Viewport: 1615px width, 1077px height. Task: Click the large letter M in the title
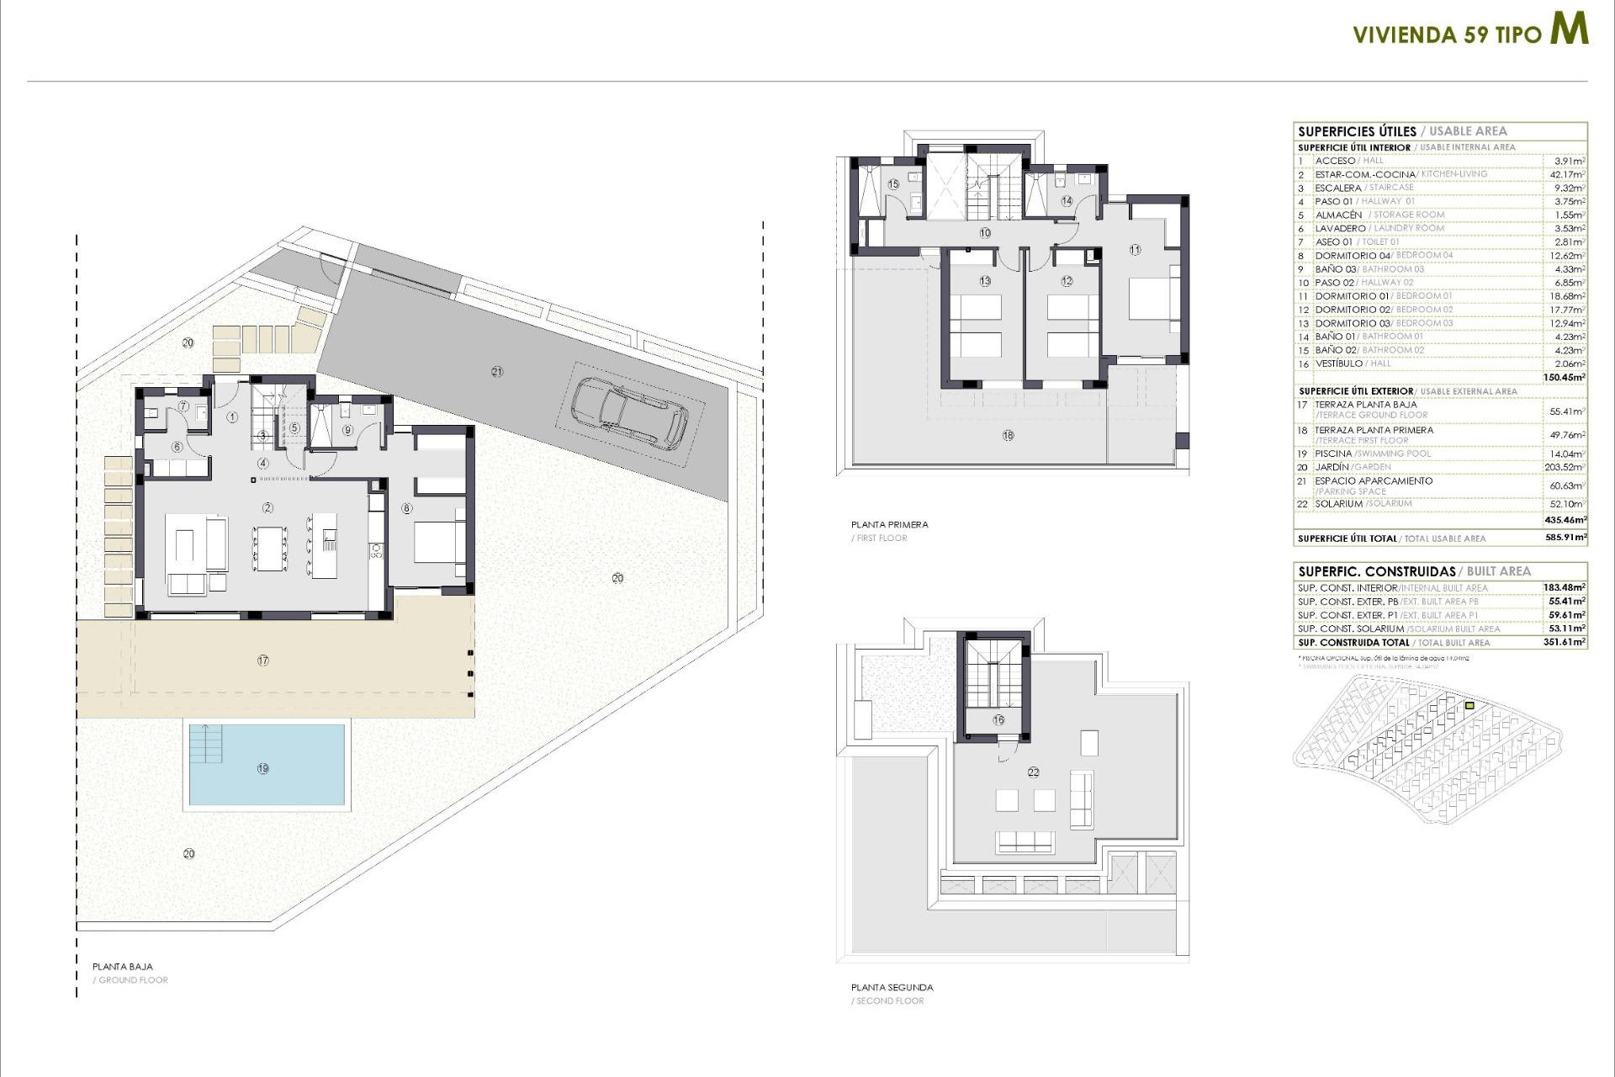pyautogui.click(x=1569, y=29)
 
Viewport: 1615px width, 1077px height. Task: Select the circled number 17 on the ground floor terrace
pyautogui.click(x=263, y=661)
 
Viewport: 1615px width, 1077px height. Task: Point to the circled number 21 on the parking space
pyautogui.click(x=497, y=371)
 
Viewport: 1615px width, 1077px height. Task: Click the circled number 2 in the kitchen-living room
pyautogui.click(x=268, y=507)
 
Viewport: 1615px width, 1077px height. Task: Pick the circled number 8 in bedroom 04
pyautogui.click(x=407, y=508)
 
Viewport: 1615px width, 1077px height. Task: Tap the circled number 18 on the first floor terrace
pyautogui.click(x=1008, y=435)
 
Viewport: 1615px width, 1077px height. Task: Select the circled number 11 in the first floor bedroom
pyautogui.click(x=1135, y=250)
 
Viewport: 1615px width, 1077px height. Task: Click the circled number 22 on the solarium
pyautogui.click(x=1033, y=772)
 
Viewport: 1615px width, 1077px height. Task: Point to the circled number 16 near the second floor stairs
pyautogui.click(x=998, y=720)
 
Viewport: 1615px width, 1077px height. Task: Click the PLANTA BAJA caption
pyautogui.click(x=123, y=967)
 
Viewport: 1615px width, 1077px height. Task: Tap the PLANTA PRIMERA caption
pyautogui.click(x=889, y=524)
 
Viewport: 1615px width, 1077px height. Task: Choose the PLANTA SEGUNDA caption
pyautogui.click(x=892, y=987)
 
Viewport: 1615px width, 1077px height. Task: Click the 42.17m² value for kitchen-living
pyautogui.click(x=1567, y=174)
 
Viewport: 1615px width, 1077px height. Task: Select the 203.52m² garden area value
pyautogui.click(x=1566, y=467)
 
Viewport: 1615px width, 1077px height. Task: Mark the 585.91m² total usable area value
pyautogui.click(x=1565, y=538)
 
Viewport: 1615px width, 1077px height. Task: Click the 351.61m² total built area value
pyautogui.click(x=1566, y=642)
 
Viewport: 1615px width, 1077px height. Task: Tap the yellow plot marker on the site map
pyautogui.click(x=1469, y=706)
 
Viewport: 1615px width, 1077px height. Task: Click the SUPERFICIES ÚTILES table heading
pyautogui.click(x=1357, y=131)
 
